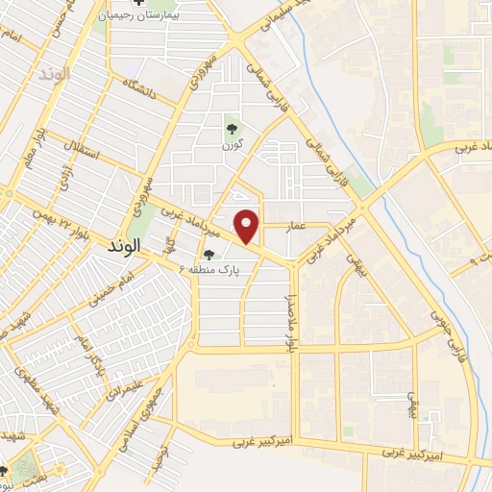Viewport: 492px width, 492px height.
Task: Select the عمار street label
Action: pyautogui.click(x=297, y=224)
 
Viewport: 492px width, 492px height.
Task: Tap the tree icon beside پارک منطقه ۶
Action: pyautogui.click(x=209, y=255)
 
